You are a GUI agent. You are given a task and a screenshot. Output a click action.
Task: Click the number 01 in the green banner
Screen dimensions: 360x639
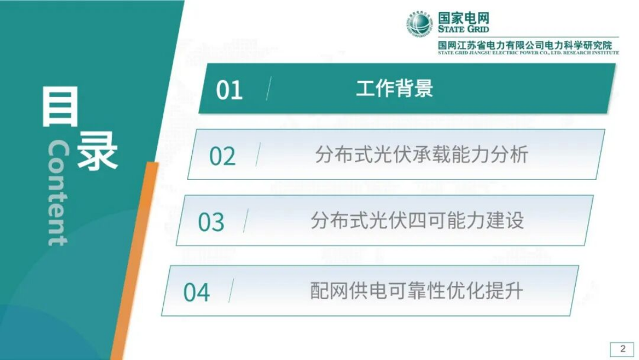(x=229, y=90)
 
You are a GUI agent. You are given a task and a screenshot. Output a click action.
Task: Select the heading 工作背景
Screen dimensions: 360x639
(x=394, y=89)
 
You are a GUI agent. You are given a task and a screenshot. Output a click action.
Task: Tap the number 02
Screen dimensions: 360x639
(x=222, y=156)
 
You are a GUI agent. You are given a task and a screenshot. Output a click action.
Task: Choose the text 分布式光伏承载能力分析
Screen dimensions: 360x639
(x=422, y=155)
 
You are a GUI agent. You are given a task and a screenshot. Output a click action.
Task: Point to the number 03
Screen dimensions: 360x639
(x=211, y=222)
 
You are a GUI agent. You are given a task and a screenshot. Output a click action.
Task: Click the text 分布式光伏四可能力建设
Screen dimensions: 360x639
(x=417, y=220)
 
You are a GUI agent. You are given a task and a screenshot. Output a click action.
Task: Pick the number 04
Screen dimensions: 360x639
(x=197, y=292)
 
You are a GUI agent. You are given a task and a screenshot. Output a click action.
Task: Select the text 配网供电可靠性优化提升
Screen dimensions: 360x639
(x=417, y=291)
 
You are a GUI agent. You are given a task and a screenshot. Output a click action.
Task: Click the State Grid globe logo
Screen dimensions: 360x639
(x=418, y=24)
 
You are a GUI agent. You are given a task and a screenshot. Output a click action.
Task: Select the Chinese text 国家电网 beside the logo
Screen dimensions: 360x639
(x=463, y=18)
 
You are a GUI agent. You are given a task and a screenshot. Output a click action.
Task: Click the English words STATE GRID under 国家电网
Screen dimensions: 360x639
(x=463, y=29)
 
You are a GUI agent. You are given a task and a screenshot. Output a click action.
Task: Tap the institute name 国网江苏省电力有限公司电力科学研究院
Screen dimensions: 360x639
(x=525, y=45)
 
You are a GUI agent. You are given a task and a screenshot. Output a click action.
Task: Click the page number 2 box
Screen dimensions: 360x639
(x=622, y=349)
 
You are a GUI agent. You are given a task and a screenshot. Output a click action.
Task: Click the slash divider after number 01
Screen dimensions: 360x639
(x=268, y=89)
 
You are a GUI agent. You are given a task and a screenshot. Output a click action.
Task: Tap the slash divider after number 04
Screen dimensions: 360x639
(x=231, y=291)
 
